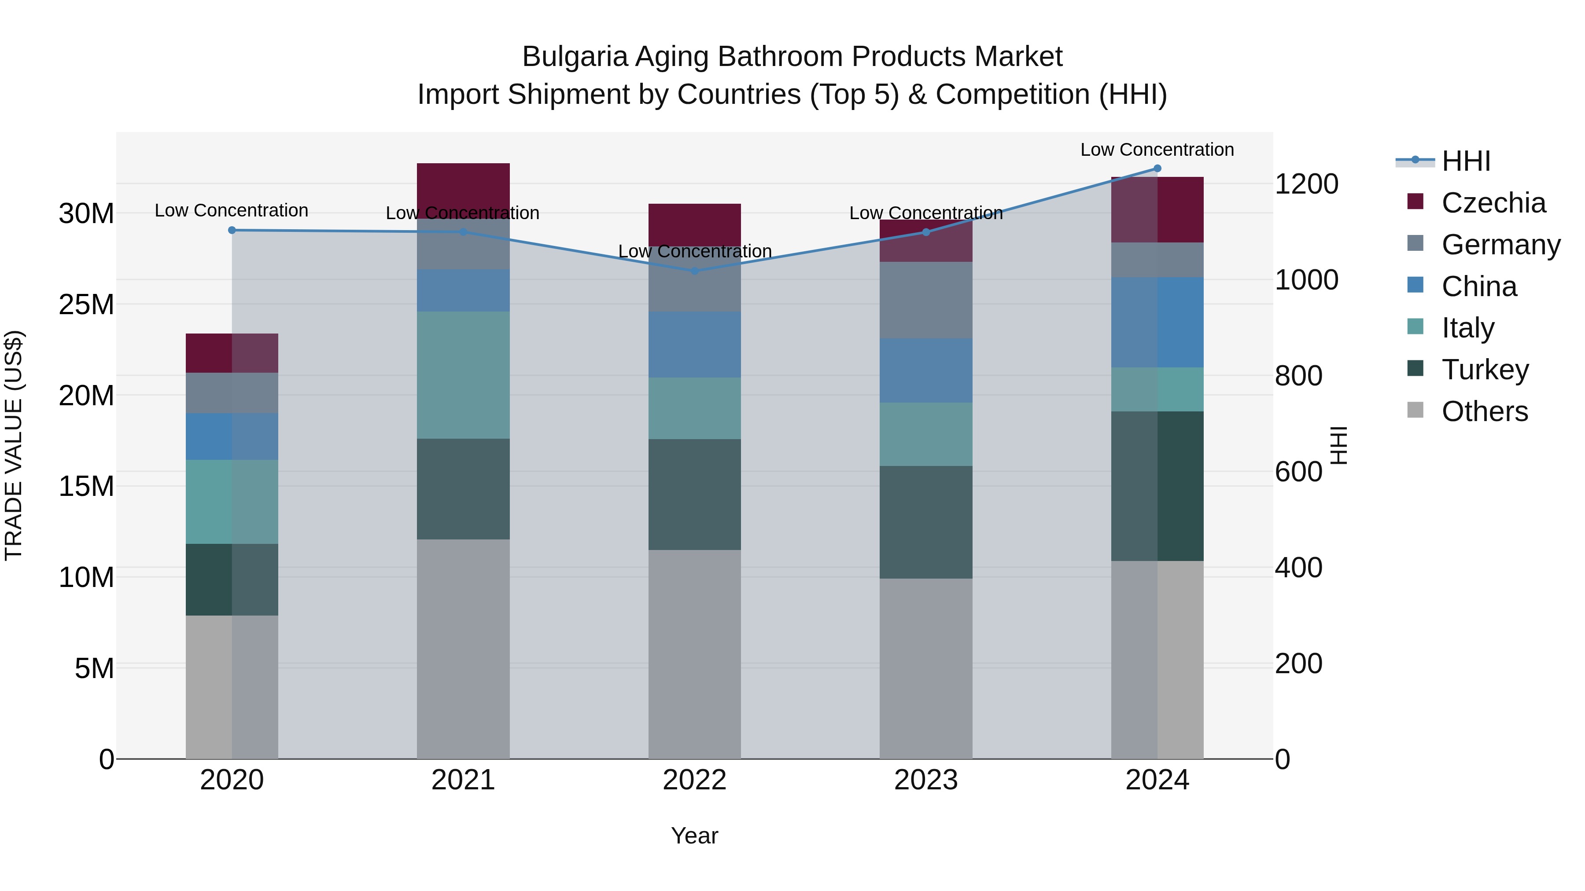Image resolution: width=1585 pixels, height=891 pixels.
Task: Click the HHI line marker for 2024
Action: pyautogui.click(x=1157, y=169)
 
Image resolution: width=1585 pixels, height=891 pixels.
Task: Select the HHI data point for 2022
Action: pyautogui.click(x=695, y=271)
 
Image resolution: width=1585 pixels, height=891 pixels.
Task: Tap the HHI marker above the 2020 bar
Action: pyautogui.click(x=232, y=231)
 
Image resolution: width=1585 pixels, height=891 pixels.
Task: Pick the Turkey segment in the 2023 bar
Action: pyautogui.click(x=926, y=522)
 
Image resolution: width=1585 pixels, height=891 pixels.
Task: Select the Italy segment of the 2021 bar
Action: pyautogui.click(x=463, y=375)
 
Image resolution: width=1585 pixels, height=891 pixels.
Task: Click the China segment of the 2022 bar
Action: pyautogui.click(x=695, y=345)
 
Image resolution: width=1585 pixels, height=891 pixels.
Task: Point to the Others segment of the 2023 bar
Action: pyautogui.click(x=926, y=668)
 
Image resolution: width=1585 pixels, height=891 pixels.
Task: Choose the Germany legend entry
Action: pyautogui.click(x=1500, y=245)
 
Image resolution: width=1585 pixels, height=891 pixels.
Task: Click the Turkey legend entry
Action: pyautogui.click(x=1485, y=370)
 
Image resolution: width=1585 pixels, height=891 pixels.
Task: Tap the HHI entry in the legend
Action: pyautogui.click(x=1466, y=161)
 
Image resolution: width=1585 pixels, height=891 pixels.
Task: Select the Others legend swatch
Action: pyautogui.click(x=1415, y=410)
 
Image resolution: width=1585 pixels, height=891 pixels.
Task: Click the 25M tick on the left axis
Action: pyautogui.click(x=86, y=304)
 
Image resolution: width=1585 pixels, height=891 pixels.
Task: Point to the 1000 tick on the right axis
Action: pyautogui.click(x=1306, y=280)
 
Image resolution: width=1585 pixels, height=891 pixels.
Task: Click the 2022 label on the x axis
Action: pyautogui.click(x=695, y=780)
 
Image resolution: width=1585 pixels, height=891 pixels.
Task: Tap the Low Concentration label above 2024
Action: pyautogui.click(x=1157, y=150)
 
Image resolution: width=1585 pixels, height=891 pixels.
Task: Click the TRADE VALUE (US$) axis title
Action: pyautogui.click(x=14, y=445)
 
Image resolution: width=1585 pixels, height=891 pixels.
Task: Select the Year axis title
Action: pyautogui.click(x=695, y=836)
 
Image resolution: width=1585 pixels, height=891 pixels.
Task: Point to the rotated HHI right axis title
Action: pyautogui.click(x=1339, y=445)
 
